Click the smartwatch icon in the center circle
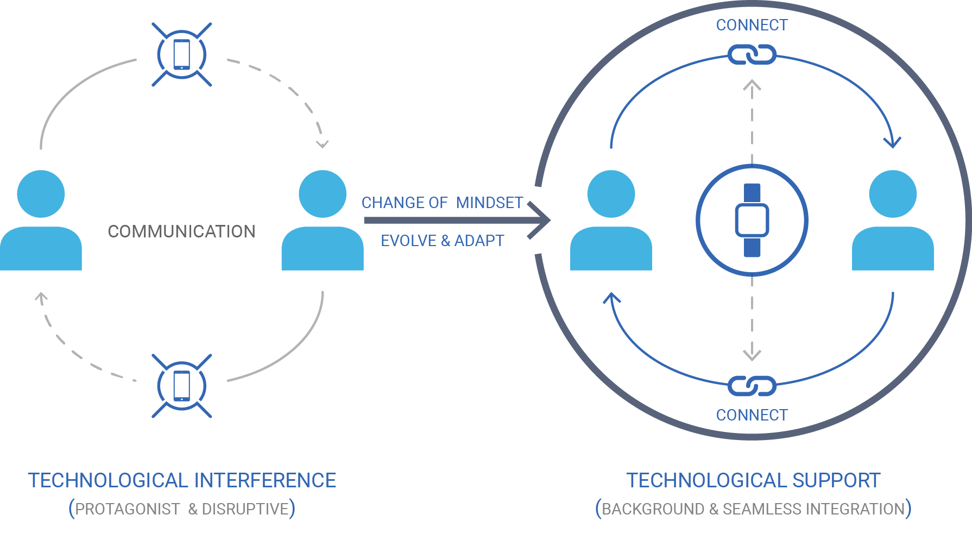point(752,220)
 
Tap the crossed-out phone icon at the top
point(181,54)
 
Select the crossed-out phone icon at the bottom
point(181,386)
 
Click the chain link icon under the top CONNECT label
point(752,55)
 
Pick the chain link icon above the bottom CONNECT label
point(752,386)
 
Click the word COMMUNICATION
point(181,231)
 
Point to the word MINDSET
point(489,203)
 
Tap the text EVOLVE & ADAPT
point(442,241)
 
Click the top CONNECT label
point(752,25)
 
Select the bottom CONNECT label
point(752,415)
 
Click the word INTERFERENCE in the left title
point(265,480)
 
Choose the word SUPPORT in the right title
point(836,480)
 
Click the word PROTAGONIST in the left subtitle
point(127,509)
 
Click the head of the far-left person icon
point(41,194)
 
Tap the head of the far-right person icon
point(893,194)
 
